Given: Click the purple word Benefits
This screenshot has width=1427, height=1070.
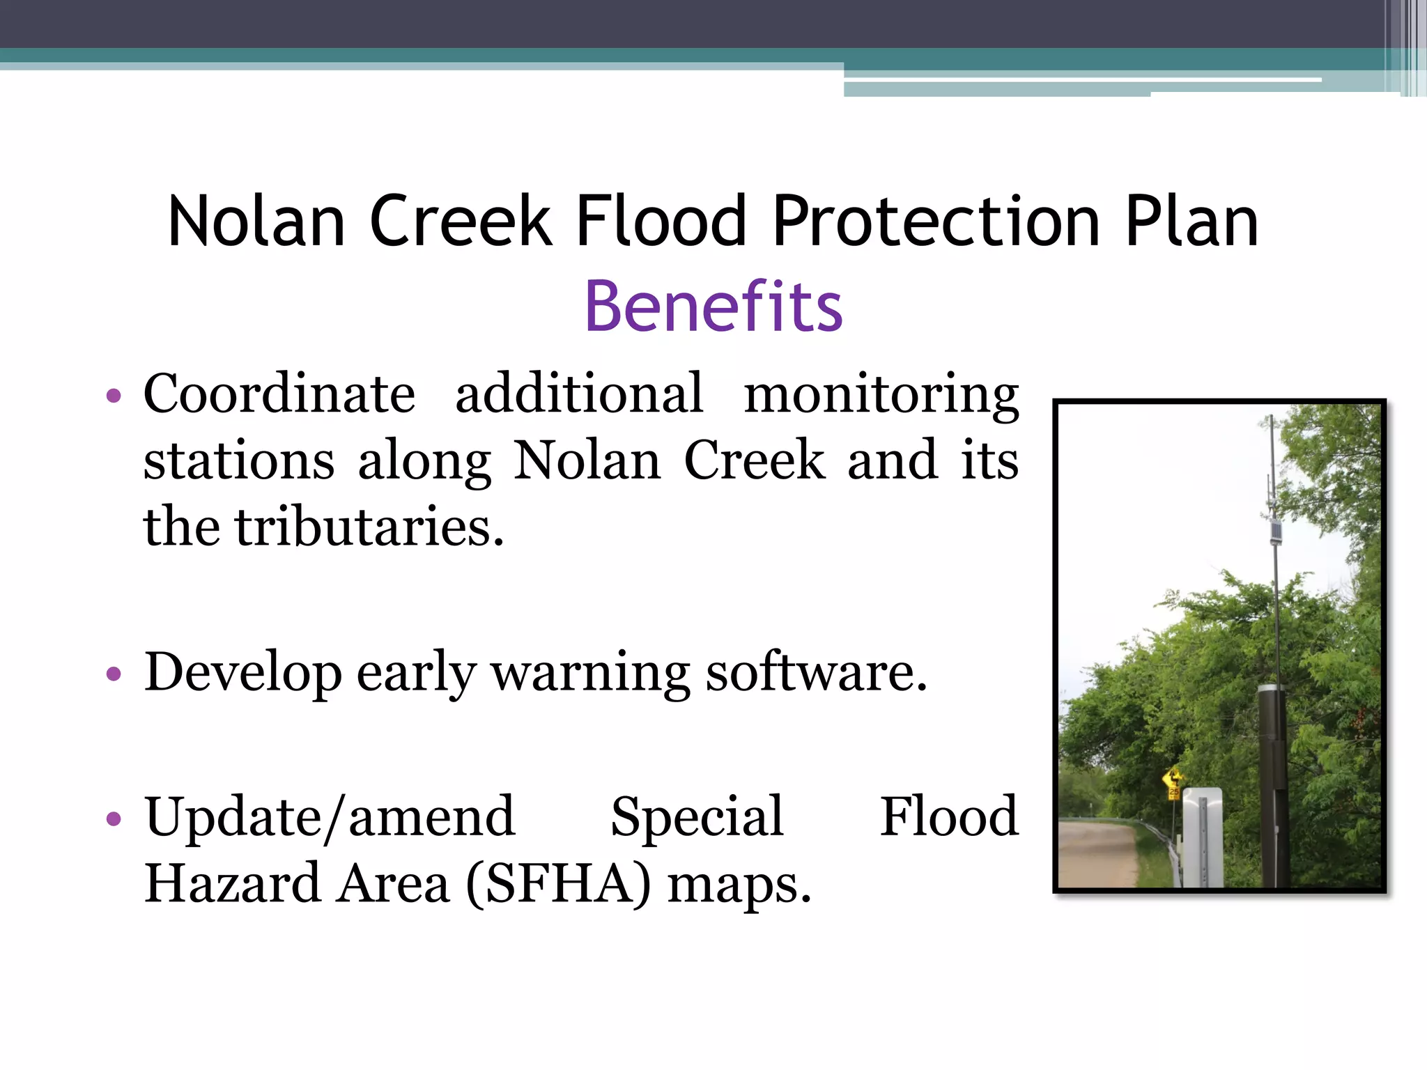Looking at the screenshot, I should [713, 307].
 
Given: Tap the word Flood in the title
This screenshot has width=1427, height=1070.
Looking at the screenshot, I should [661, 222].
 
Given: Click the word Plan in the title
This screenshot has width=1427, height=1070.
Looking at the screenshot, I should [1192, 222].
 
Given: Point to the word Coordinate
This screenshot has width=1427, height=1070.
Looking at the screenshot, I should [279, 394].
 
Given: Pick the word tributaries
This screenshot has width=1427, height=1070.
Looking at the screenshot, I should [369, 527].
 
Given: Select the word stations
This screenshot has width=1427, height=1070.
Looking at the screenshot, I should [239, 461].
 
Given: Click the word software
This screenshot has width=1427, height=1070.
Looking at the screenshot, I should [816, 673].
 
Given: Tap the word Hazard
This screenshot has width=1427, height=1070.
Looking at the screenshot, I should [231, 883].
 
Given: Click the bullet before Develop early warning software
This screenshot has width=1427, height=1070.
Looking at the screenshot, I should [114, 674].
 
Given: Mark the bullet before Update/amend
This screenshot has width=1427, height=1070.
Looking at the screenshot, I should [114, 819].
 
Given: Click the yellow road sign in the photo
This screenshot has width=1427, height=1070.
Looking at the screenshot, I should [1174, 778].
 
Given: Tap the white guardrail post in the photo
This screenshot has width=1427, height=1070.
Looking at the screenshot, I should [1203, 836].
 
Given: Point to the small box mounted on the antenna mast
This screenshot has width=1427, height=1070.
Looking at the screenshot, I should [1276, 532].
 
